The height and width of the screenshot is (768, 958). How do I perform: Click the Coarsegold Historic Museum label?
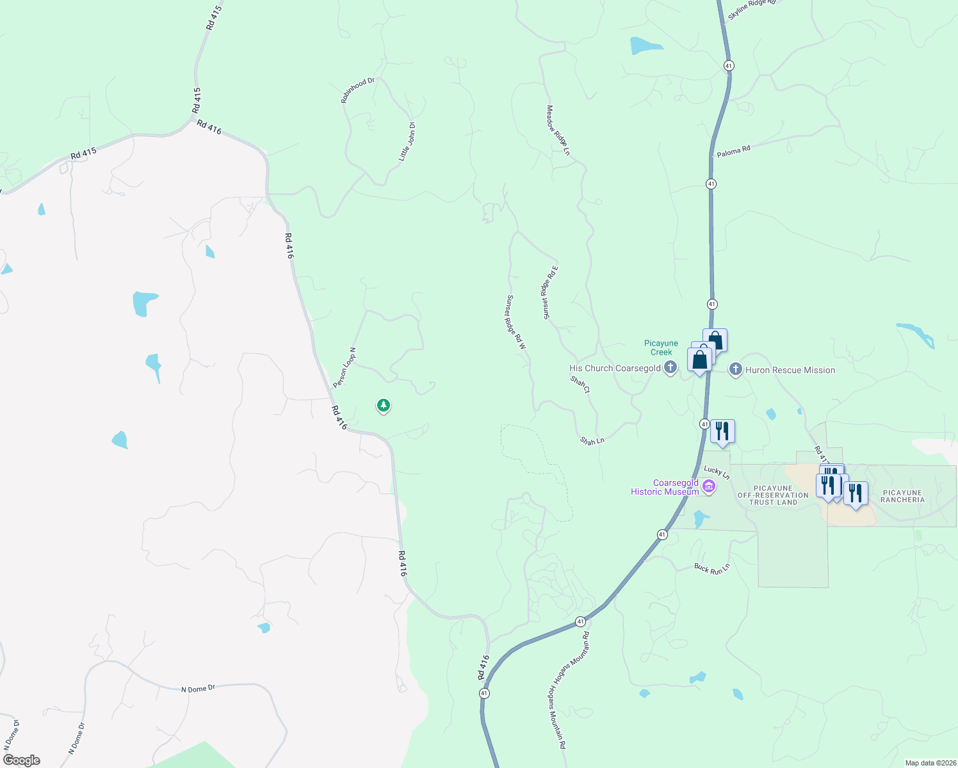665,488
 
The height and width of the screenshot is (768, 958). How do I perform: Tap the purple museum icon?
708,487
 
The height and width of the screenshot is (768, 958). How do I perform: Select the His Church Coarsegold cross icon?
670,367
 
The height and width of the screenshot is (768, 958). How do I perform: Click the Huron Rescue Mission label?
790,370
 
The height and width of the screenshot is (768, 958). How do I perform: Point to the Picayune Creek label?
661,348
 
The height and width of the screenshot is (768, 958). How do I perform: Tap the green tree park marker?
384,405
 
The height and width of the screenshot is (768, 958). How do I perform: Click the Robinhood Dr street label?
357,90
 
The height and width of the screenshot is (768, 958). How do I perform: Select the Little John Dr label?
407,141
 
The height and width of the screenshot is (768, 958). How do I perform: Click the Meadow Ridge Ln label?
558,131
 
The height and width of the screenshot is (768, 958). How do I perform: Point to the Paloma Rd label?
733,152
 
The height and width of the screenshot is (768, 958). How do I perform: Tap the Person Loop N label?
344,367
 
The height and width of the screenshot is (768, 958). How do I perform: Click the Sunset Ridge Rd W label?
516,322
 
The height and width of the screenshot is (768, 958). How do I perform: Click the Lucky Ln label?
717,472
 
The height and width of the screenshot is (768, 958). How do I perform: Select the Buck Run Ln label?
712,568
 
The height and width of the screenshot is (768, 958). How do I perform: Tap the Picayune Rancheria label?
902,496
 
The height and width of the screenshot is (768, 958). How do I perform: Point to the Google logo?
22,760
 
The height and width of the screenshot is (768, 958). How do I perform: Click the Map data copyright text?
929,763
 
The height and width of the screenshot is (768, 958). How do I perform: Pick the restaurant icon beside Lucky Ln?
722,431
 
